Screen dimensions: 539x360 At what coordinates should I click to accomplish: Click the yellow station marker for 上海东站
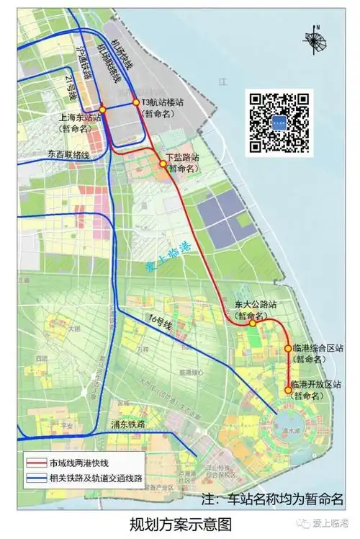click(x=103, y=110)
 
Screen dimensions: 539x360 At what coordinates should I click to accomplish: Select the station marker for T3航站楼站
click(x=135, y=102)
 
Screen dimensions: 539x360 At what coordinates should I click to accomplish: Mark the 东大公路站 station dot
click(x=252, y=324)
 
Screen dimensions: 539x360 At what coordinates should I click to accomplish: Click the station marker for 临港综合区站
click(x=288, y=348)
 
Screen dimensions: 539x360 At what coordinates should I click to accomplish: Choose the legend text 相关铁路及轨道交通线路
click(x=96, y=478)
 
